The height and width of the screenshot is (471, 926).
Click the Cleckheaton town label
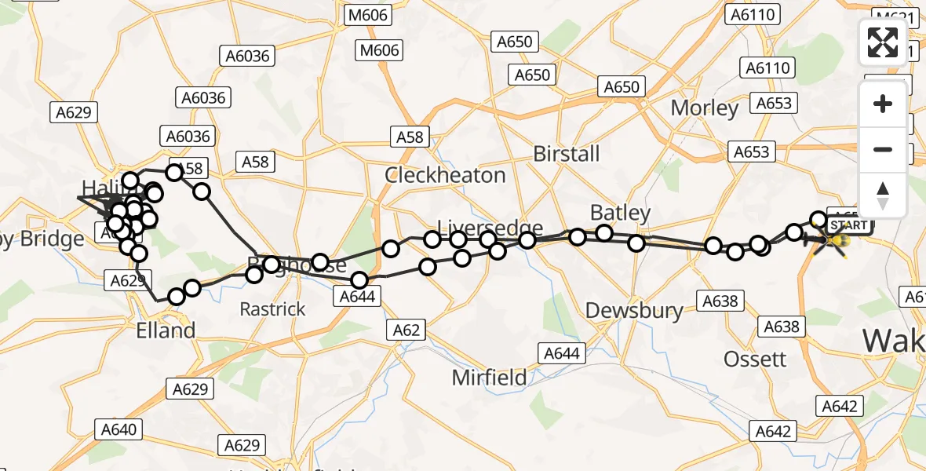coord(444,175)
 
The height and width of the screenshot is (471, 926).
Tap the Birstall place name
coord(566,154)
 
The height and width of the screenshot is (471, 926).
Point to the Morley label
coord(705,108)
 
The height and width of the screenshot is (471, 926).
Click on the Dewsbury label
coord(634,311)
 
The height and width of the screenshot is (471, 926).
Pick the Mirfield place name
coord(489,378)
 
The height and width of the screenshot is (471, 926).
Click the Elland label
coord(165,331)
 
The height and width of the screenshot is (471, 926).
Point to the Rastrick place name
coord(272,309)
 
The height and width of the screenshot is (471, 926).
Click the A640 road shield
coord(118,429)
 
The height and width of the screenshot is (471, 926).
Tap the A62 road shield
coord(406,330)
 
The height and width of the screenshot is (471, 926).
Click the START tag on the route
coord(848,226)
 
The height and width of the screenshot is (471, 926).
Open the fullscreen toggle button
coord(883,42)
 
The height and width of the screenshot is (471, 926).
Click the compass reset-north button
coord(883,195)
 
